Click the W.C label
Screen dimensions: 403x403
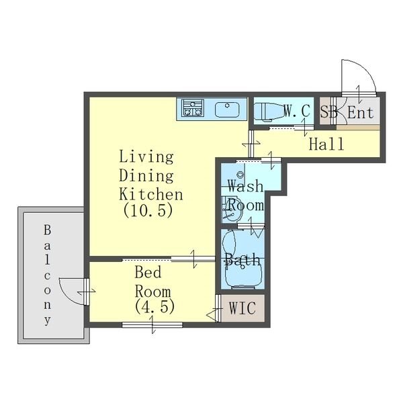297,111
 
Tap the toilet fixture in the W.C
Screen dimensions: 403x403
267,111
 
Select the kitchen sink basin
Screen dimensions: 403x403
227,109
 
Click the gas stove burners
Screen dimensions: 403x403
193,108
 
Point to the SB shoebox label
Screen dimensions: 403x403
328,111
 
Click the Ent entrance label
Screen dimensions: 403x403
361,112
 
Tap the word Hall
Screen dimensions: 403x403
326,144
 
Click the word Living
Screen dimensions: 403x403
146,157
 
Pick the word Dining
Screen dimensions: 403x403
146,176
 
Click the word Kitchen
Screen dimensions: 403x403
151,194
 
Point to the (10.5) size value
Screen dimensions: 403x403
148,210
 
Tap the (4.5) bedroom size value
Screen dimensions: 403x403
154,306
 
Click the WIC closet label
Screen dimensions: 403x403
242,308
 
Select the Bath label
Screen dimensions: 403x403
242,259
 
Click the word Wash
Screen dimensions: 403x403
246,186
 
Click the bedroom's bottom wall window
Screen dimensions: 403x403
152,325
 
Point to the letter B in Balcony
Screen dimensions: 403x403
47,230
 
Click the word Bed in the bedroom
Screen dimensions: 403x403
148,273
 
